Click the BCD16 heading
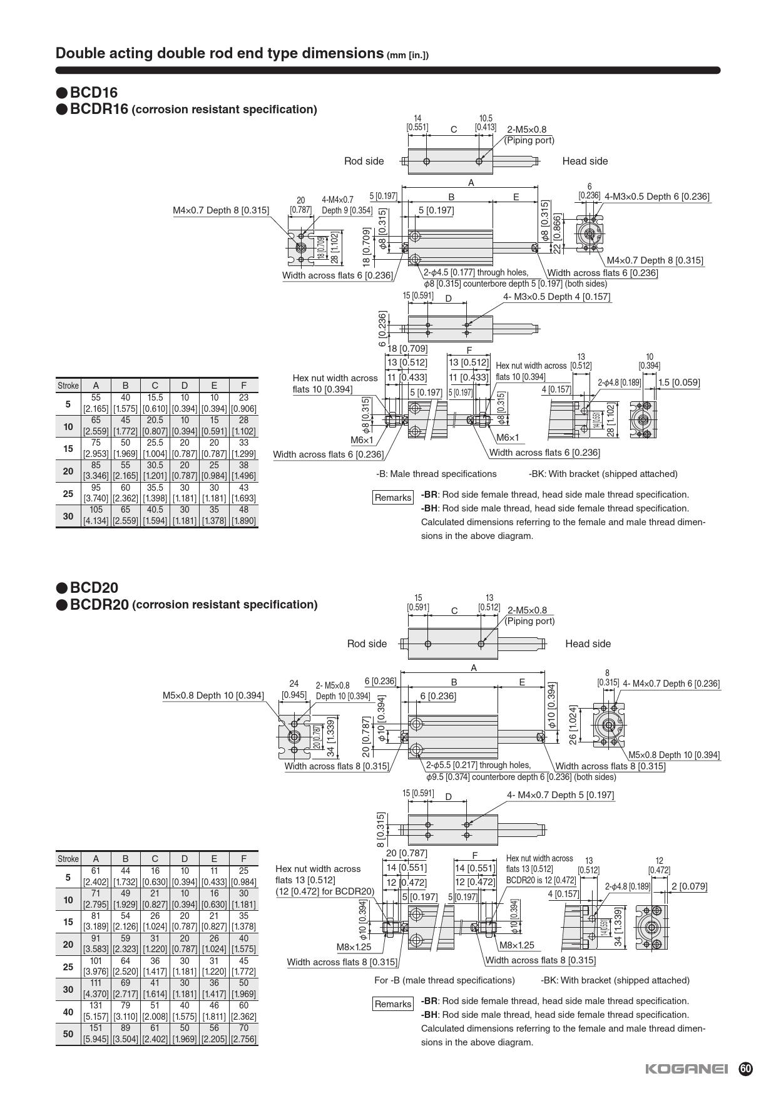tap(93, 93)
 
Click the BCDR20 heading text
tap(100, 605)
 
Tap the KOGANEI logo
tap(686, 1069)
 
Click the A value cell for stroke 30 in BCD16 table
tap(96, 515)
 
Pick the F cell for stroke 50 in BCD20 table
tap(243, 1034)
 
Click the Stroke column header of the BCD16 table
tap(68, 386)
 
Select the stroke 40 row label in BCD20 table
tap(68, 1011)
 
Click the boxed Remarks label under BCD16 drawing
tap(393, 498)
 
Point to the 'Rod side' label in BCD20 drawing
tap(367, 644)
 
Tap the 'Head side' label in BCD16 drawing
tap(585, 161)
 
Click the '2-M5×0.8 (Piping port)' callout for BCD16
tap(529, 135)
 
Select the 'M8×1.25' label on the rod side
tap(354, 947)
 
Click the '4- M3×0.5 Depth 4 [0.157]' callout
tap(556, 297)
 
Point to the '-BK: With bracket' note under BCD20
tap(615, 980)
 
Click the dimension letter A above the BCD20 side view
tap(474, 668)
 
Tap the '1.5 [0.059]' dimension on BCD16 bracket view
tap(678, 382)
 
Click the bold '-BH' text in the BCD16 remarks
tap(429, 508)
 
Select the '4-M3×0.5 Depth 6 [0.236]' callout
tap(656, 197)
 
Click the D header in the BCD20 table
tap(184, 859)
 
